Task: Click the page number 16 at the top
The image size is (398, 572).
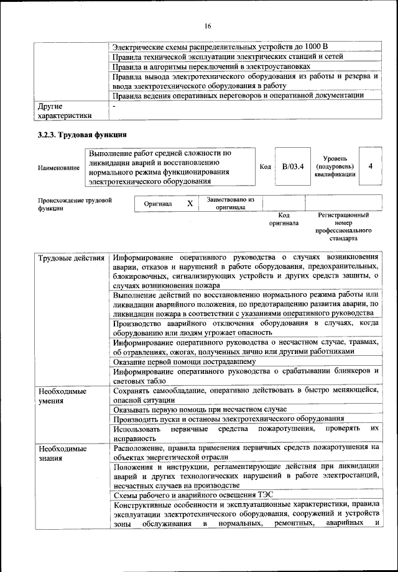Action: coord(208,25)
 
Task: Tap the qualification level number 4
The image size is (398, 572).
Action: coord(371,166)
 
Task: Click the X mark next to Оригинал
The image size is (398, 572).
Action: coord(190,204)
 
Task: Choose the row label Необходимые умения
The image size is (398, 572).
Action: coord(62,396)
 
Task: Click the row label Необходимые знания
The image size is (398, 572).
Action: coord(62,453)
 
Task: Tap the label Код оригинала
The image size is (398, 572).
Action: coord(284,219)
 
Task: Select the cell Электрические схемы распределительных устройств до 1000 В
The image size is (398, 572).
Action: coord(221,47)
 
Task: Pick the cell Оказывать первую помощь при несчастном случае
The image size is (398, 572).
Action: coord(200,409)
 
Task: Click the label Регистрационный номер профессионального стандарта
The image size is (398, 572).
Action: coord(343,226)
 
